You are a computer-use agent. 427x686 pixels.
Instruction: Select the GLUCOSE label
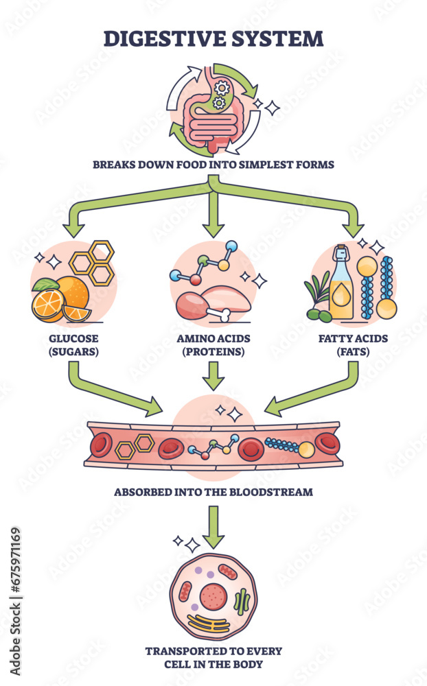point(73,339)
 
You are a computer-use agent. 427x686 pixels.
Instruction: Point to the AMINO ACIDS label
point(213,339)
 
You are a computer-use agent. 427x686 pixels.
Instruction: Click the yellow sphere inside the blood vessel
point(306,450)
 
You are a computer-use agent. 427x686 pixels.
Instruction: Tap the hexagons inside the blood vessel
point(135,446)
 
